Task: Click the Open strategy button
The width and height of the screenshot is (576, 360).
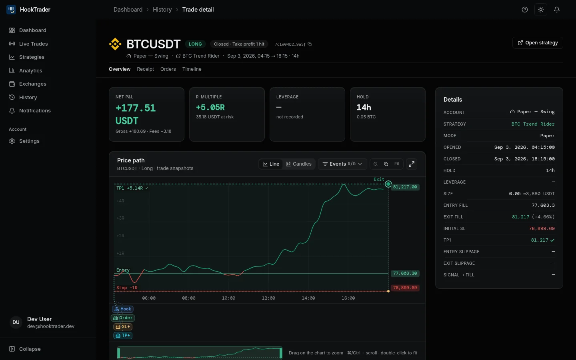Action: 538,43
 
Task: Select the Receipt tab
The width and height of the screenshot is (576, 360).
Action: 145,69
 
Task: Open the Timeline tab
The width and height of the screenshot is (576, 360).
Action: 192,69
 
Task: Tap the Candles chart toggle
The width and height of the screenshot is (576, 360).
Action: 298,164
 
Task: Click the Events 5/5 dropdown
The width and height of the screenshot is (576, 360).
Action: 342,164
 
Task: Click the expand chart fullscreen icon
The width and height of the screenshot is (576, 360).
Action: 412,164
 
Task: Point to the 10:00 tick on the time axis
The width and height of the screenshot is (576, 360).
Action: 229,298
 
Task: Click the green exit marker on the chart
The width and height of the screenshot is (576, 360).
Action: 388,184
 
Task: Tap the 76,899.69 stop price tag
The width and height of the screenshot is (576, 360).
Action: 405,288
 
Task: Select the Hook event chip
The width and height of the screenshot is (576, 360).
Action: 123,309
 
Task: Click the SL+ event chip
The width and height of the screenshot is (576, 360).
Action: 123,327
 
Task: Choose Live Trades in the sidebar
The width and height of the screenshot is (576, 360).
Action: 34,44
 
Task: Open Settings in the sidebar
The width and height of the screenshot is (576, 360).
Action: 29,141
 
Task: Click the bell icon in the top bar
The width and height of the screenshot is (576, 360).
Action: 557,10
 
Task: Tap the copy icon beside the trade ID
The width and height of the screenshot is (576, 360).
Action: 310,44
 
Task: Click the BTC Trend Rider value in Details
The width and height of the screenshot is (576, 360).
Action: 533,124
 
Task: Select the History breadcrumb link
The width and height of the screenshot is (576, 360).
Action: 162,10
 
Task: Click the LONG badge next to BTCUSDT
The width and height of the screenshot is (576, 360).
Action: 195,44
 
